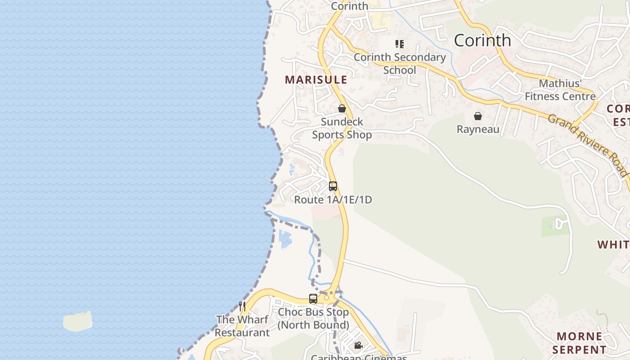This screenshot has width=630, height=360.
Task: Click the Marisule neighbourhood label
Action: pos(316,80)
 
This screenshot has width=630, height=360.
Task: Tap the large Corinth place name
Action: pos(482,40)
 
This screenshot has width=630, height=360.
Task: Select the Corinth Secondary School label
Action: pos(400,63)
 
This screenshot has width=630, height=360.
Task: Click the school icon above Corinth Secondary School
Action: pos(400,44)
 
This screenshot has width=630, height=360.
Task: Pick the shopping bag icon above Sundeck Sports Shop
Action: pos(342,108)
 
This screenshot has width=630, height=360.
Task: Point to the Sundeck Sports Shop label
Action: pos(342,128)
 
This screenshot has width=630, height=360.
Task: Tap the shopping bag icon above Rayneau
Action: pos(478,116)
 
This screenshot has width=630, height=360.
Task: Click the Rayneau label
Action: pos(478,130)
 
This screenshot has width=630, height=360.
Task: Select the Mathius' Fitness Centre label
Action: pos(560,90)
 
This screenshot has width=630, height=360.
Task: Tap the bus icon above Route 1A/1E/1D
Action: pos(333,186)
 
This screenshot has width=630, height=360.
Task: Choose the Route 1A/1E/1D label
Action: pos(333,200)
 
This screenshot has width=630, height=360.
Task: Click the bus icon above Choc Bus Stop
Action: pos(313,298)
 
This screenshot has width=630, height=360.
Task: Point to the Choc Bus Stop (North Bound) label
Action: pos(313,319)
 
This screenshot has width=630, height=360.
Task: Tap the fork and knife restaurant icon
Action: pos(242,306)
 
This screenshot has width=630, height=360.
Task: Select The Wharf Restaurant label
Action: pos(242,326)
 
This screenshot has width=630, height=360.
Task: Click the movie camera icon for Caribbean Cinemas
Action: pos(359,346)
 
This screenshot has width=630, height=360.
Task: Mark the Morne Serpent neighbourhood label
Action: pos(580,343)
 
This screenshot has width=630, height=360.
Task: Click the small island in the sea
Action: pos(77,321)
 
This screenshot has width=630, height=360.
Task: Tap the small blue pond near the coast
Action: pos(285,238)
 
